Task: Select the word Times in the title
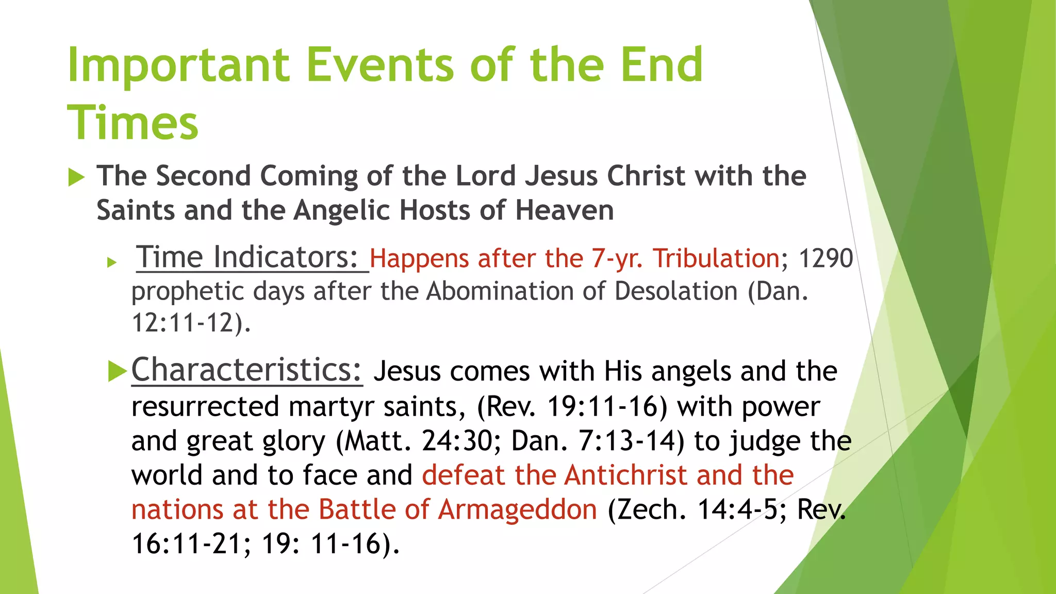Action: pyautogui.click(x=133, y=123)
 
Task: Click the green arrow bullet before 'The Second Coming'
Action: pyautogui.click(x=76, y=178)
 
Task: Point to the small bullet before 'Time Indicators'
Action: pyautogui.click(x=112, y=262)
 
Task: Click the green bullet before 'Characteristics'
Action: pyautogui.click(x=118, y=371)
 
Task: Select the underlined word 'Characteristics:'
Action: pyautogui.click(x=246, y=370)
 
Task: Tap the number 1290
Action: pyautogui.click(x=826, y=258)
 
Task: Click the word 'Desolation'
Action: pyautogui.click(x=676, y=291)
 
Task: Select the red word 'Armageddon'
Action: pyautogui.click(x=518, y=509)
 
